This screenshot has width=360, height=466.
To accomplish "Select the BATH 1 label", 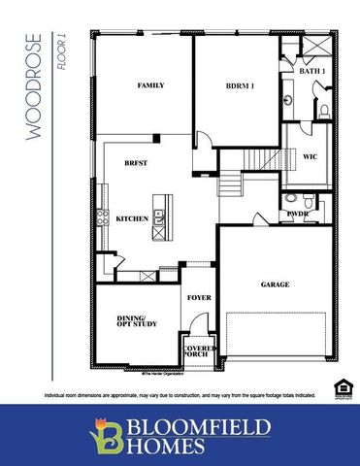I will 311,72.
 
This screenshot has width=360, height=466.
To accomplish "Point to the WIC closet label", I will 311,154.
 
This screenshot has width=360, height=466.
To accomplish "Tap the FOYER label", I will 199,297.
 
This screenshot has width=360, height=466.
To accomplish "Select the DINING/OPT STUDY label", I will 130,323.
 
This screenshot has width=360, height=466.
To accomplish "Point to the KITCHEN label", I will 132,219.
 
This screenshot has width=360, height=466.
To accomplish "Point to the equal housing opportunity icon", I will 341,387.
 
